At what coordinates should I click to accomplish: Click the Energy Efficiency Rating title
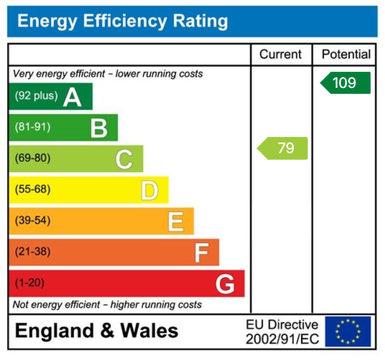click(x=123, y=22)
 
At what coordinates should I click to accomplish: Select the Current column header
click(x=280, y=54)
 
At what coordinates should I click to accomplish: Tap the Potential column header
click(x=346, y=54)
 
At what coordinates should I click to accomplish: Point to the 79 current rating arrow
click(x=283, y=148)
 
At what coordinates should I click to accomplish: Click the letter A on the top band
click(x=72, y=96)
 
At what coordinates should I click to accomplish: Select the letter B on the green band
click(x=99, y=127)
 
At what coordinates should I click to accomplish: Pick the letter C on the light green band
click(x=124, y=159)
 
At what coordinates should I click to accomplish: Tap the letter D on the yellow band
click(x=149, y=190)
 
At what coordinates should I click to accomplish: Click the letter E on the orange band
click(x=175, y=221)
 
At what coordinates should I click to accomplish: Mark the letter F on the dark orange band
click(x=201, y=253)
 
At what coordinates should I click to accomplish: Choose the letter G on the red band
click(x=225, y=284)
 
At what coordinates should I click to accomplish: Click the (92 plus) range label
click(x=37, y=96)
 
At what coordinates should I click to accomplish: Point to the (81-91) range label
click(x=33, y=127)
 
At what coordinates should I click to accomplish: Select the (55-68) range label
click(x=33, y=190)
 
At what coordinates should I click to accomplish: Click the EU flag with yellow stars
click(x=348, y=331)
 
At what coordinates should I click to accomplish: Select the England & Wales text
click(x=96, y=331)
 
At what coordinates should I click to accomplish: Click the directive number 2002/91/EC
click(x=282, y=339)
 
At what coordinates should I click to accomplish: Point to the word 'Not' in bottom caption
click(x=20, y=305)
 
